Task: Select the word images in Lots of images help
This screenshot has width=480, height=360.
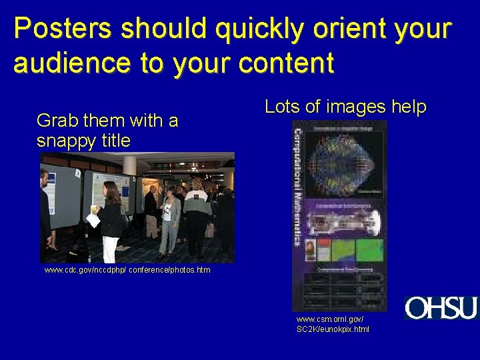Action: (353, 107)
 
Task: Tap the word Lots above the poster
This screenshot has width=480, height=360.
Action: (283, 107)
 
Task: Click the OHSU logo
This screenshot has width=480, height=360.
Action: (441, 308)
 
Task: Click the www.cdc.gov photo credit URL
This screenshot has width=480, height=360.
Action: (127, 270)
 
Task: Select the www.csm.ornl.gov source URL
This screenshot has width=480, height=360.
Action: (332, 325)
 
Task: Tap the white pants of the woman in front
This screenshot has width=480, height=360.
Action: (111, 248)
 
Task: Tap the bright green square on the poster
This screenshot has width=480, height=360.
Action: (369, 250)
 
